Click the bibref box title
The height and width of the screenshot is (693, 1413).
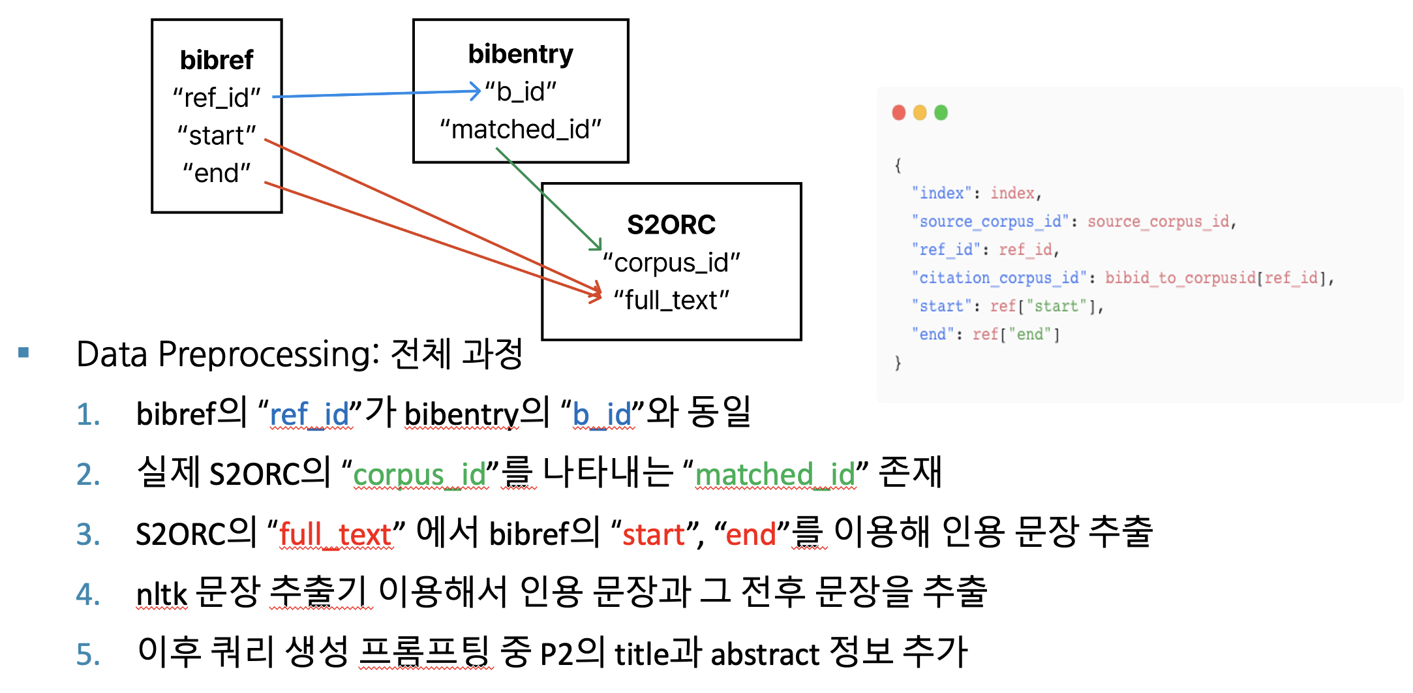(217, 60)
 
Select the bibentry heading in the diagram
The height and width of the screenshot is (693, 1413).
(521, 54)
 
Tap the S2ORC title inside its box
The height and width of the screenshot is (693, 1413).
(671, 224)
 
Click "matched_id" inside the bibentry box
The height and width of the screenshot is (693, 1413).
(521, 129)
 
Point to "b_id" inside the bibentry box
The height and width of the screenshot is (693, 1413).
(521, 92)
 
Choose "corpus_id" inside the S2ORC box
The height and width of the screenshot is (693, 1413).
(671, 263)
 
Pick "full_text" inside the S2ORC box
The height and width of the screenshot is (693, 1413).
(671, 300)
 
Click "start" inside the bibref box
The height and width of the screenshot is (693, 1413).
(217, 136)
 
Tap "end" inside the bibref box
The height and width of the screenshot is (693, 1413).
(217, 174)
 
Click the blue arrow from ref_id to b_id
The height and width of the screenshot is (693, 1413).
(376, 94)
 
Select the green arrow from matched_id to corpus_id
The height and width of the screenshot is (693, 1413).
(549, 198)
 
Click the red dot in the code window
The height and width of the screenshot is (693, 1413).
(899, 113)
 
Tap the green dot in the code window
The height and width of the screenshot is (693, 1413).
(941, 113)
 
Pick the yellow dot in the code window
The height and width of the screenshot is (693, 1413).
(920, 113)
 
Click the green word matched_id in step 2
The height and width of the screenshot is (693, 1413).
(775, 474)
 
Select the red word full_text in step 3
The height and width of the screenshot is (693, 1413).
(335, 534)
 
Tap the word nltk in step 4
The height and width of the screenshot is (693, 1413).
(162, 594)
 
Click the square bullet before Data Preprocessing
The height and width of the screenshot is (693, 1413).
(24, 353)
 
